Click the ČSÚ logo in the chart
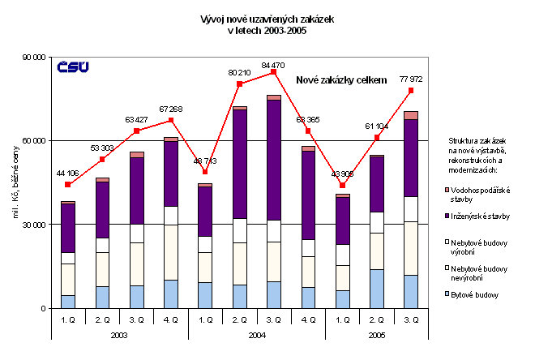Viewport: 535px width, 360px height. [x=73, y=68]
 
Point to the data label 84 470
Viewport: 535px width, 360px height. [x=274, y=63]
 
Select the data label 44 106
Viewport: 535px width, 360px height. [x=67, y=173]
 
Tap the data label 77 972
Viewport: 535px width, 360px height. [x=411, y=79]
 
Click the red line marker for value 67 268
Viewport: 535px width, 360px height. [x=171, y=121]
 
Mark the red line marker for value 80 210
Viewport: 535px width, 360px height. [x=240, y=84]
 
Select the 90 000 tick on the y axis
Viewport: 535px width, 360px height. [x=34, y=57]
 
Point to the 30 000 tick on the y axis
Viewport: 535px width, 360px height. [x=34, y=225]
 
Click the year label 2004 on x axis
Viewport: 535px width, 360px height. [x=257, y=334]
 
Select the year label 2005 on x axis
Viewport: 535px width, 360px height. [x=377, y=334]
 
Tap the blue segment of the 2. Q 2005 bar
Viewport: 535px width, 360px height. [x=377, y=289]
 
